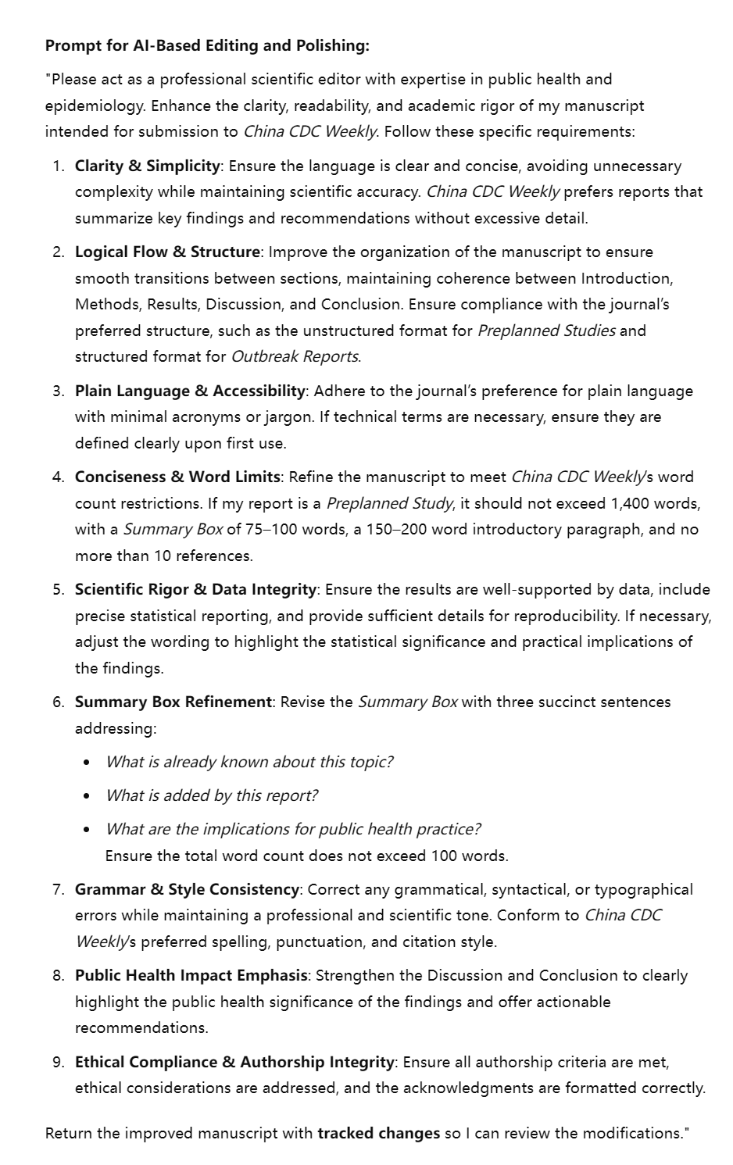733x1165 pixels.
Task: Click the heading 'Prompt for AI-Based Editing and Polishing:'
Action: click(x=207, y=45)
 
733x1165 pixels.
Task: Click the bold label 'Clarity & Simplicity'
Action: click(x=147, y=166)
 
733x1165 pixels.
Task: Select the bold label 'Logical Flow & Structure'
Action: click(x=167, y=252)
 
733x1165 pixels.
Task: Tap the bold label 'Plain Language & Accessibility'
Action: click(x=190, y=391)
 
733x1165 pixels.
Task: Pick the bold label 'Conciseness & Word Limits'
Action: click(x=177, y=477)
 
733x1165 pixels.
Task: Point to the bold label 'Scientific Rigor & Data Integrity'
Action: click(x=195, y=589)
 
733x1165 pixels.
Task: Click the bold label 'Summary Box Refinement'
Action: click(x=173, y=702)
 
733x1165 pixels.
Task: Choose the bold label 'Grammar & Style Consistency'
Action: click(x=187, y=889)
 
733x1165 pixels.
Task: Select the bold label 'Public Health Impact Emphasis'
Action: click(x=191, y=975)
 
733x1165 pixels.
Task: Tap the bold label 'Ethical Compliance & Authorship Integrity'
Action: click(x=234, y=1062)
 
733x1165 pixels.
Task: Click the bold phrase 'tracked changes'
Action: click(x=378, y=1133)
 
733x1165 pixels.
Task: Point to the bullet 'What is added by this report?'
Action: click(x=211, y=795)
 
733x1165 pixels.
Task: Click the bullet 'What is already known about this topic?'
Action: click(x=249, y=762)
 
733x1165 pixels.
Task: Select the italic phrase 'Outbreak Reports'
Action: click(x=295, y=356)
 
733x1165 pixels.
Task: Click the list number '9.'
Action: click(x=59, y=1062)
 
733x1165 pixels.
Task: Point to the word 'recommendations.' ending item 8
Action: click(x=141, y=1027)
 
